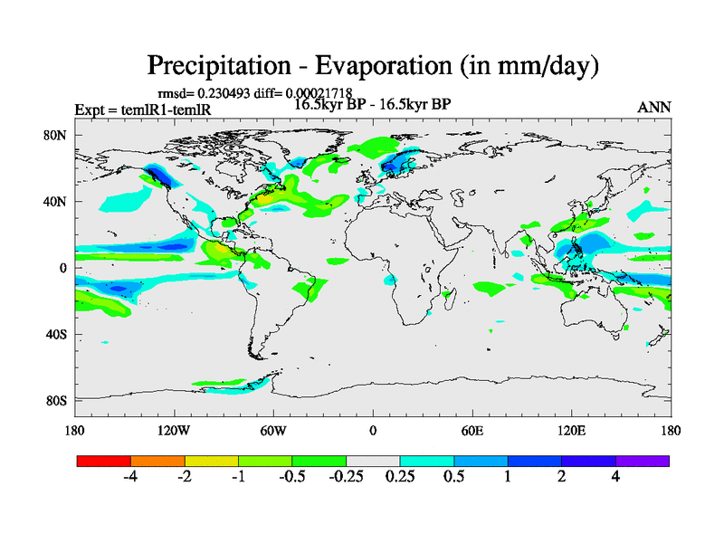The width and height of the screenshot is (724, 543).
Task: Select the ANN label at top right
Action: click(653, 108)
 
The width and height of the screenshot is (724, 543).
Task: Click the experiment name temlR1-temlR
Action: click(155, 110)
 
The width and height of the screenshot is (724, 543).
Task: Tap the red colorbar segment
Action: click(104, 461)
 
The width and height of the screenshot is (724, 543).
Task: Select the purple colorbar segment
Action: click(643, 461)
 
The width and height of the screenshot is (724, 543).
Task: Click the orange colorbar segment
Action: click(157, 461)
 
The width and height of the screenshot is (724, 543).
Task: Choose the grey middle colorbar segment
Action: click(373, 461)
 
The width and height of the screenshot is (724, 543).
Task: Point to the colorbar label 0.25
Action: click(400, 477)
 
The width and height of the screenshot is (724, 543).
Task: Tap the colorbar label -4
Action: click(129, 477)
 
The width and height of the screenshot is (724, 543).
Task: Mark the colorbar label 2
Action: click(562, 477)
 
